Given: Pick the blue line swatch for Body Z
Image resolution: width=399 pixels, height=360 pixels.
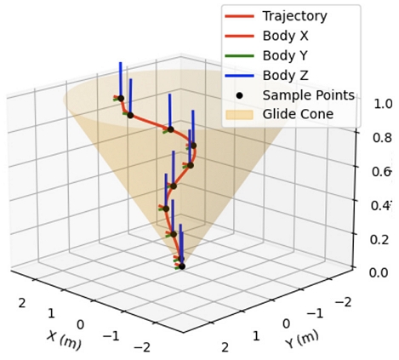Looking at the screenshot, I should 239,75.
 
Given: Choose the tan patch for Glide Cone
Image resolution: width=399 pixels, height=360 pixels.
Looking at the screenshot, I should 239,114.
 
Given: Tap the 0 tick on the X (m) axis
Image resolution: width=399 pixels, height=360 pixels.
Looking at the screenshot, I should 80,324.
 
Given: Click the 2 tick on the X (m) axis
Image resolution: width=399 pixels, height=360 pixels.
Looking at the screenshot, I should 22,301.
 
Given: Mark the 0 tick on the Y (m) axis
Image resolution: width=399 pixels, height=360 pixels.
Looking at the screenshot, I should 286,324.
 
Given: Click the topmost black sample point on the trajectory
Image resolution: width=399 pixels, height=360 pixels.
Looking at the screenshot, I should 121,99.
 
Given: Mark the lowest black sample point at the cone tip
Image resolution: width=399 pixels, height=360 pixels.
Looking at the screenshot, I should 181,266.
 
